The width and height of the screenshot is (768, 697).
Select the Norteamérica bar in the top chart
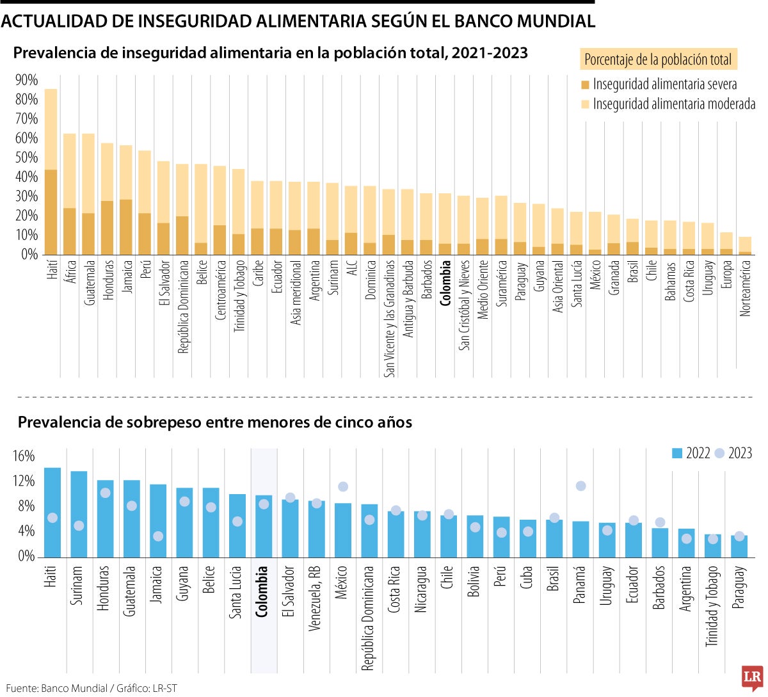click(745, 246)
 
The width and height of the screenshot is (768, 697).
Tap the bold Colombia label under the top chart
click(446, 283)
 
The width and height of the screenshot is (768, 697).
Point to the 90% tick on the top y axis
click(27, 81)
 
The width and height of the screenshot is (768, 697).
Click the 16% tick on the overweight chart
click(24, 456)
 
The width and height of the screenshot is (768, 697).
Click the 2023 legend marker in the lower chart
click(719, 453)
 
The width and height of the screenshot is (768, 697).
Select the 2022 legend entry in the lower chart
click(691, 453)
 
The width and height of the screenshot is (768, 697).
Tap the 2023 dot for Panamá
click(580, 486)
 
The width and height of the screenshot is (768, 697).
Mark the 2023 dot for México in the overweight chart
click(343, 487)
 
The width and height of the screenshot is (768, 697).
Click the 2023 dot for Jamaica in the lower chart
click(158, 536)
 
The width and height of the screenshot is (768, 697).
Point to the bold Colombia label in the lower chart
click(261, 591)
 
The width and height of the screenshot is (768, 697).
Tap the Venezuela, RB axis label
click(315, 598)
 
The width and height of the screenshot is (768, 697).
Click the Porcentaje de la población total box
click(658, 60)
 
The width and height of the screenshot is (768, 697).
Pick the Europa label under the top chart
click(726, 274)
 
